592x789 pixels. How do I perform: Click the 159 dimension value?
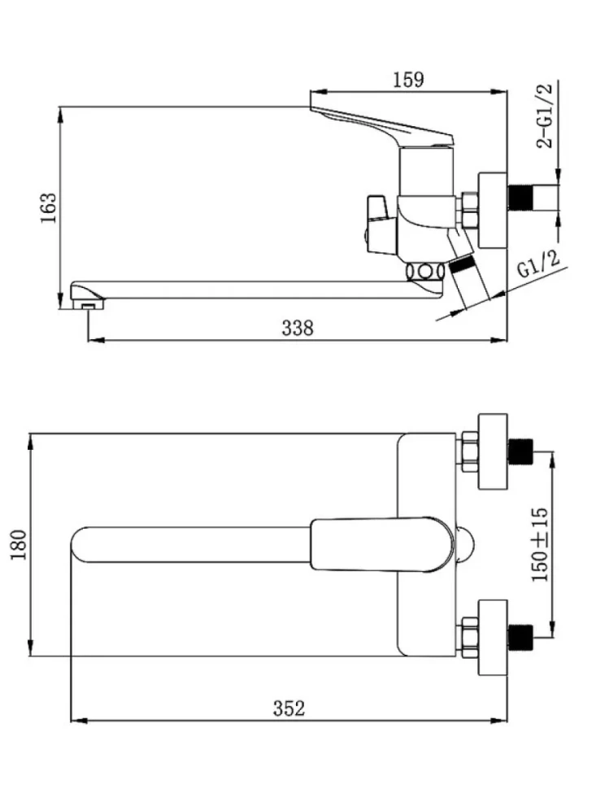pyautogui.click(x=408, y=80)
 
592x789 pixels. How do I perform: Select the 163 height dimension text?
pyautogui.click(x=49, y=208)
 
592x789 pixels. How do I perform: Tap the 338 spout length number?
pyautogui.click(x=298, y=328)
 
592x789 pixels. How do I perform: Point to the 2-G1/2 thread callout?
pyautogui.click(x=545, y=116)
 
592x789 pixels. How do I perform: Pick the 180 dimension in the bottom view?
pyautogui.click(x=18, y=544)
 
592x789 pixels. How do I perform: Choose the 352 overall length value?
pyautogui.click(x=289, y=708)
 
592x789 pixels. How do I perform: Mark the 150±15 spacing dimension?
pyautogui.click(x=540, y=544)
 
